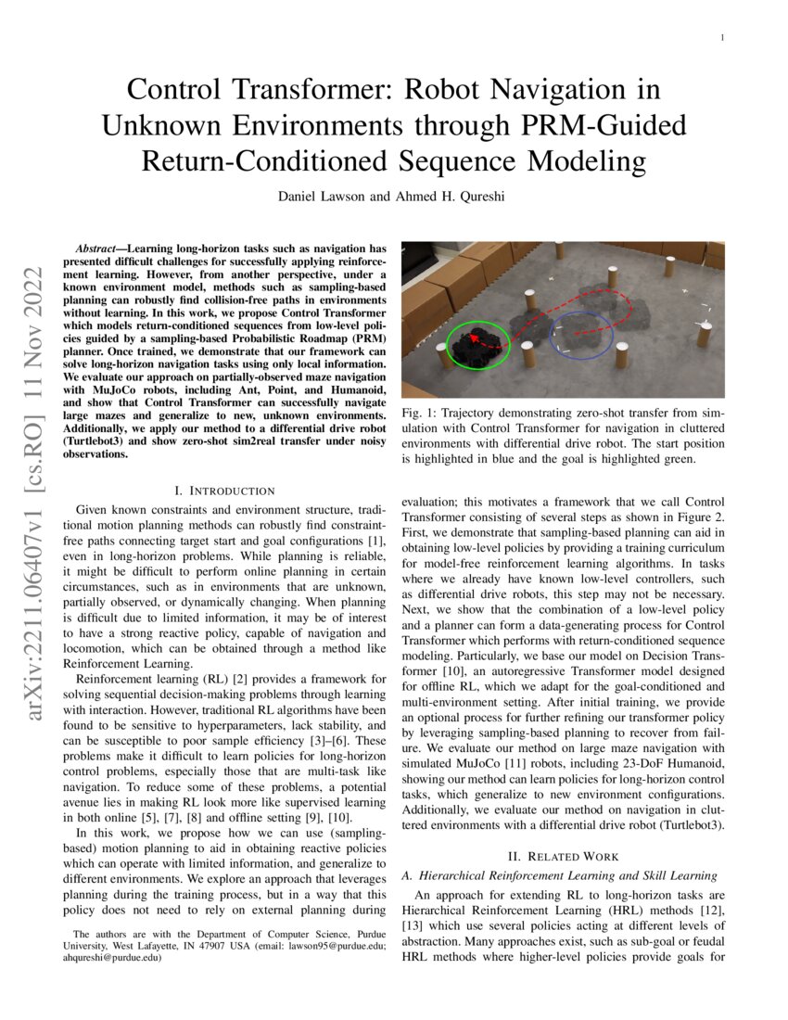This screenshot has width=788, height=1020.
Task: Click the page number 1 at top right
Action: coord(720,37)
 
